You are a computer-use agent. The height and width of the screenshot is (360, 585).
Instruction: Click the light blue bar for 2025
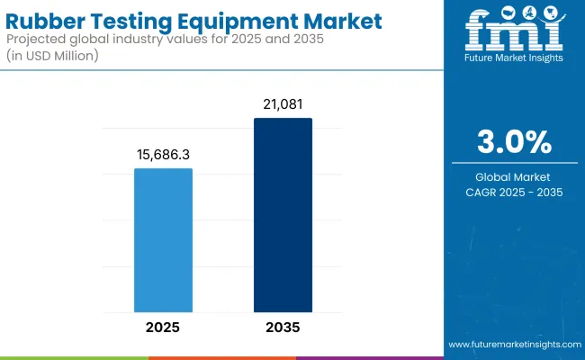pyautogui.click(x=163, y=241)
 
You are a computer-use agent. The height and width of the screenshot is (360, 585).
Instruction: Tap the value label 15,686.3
pyautogui.click(x=163, y=155)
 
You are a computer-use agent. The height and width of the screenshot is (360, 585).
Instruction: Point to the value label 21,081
pyautogui.click(x=283, y=104)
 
